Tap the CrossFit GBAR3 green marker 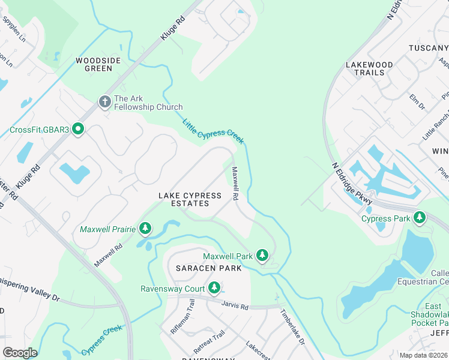click(77, 129)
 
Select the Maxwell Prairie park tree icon click(145, 228)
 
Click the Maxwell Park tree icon click(262, 256)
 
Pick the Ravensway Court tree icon click(213, 287)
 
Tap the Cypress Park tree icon click(421, 218)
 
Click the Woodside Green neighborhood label click(94, 64)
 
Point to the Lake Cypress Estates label click(190, 200)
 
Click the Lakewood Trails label click(369, 68)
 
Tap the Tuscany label click(428, 47)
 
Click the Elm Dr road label click(417, 101)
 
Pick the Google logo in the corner click(20, 353)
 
